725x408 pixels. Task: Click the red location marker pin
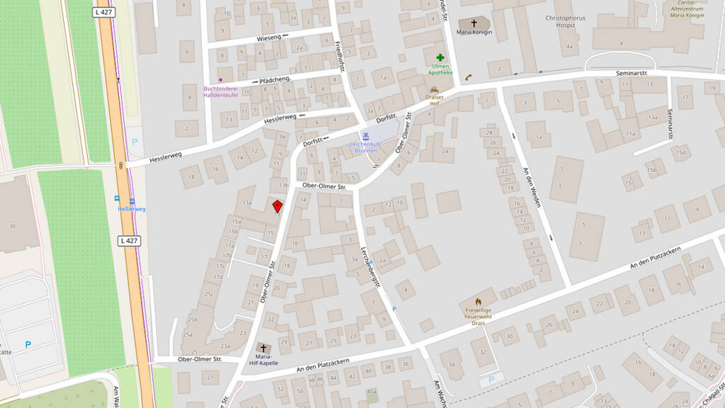[278, 205]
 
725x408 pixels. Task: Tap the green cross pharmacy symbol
[440, 57]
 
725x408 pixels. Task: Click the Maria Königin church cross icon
[474, 23]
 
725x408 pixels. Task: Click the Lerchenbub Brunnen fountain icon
[365, 136]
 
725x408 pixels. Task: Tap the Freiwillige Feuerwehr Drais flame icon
[479, 301]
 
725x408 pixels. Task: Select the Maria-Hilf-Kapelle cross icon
[263, 348]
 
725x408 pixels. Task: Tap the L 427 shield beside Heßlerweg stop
[130, 241]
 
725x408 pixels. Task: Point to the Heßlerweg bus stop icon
[119, 200]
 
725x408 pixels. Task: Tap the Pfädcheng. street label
[276, 80]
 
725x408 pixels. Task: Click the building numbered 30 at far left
[12, 225]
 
